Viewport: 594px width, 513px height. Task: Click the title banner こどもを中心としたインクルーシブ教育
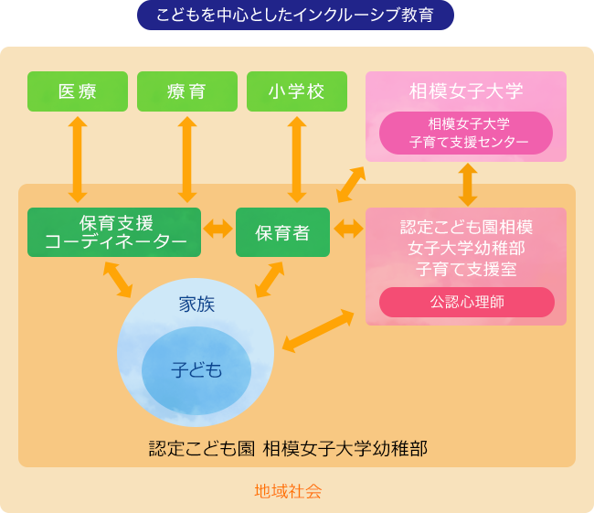295,16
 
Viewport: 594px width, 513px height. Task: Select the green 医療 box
77,91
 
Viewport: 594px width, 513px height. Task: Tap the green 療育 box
187,91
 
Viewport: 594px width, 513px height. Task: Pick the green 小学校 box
296,91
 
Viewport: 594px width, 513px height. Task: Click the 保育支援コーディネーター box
114,232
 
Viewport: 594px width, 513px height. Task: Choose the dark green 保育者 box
282,232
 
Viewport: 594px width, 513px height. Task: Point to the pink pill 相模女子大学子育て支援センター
467,134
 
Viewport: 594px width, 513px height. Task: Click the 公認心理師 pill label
467,302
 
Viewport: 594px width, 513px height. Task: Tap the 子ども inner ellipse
196,369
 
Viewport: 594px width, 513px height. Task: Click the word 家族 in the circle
196,305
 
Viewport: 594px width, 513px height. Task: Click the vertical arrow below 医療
77,159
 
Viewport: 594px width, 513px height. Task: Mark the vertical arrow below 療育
187,159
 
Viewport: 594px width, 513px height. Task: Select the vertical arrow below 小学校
296,159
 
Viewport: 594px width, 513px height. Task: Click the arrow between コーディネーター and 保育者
218,229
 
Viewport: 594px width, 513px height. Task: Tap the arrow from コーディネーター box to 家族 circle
118,280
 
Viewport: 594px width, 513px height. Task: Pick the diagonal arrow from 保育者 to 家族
269,280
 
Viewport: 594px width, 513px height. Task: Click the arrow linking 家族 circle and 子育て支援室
318,330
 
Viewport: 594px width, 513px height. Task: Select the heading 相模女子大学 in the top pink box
466,91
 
